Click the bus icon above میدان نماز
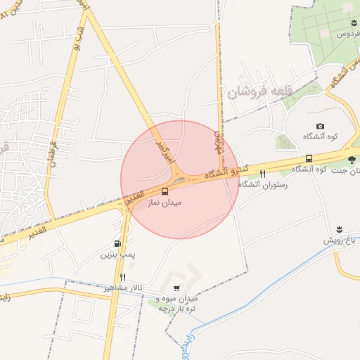coord(165,191)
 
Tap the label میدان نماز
coord(165,202)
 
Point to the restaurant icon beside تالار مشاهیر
coord(123,278)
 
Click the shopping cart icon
coord(176,288)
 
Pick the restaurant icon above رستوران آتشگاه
coord(263,174)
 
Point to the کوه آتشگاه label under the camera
coord(320,136)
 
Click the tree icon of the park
coord(351,159)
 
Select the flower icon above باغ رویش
coord(341,230)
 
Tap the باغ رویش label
coord(341,240)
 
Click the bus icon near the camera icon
coord(309,158)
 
